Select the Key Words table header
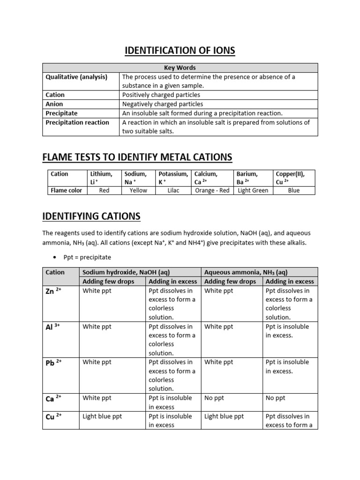pos(180,67)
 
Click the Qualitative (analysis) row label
pos(76,77)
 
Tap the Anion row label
pos(54,104)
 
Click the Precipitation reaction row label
pos(77,122)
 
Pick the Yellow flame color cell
pos(138,190)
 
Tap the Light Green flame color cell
pos(253,190)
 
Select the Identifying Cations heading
pos(91,216)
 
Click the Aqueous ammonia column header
pos(246,272)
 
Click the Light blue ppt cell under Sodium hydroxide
pos(102,416)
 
